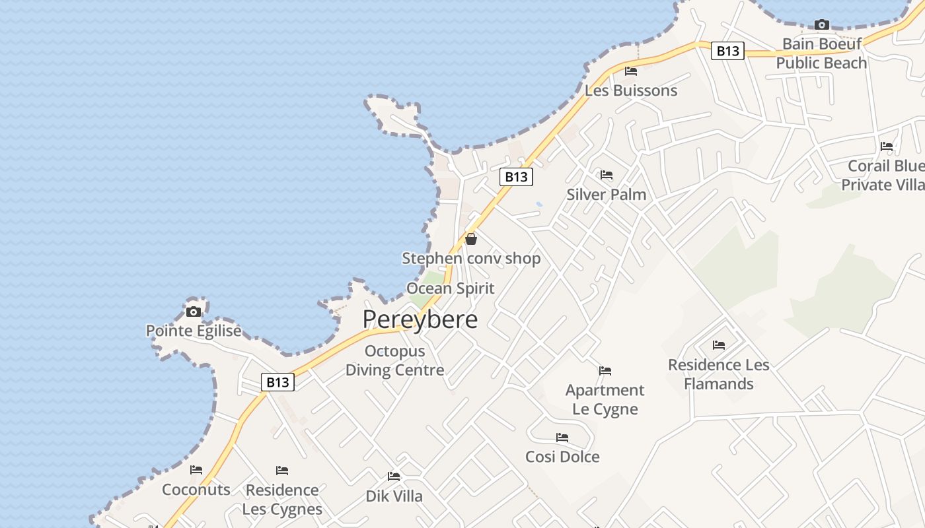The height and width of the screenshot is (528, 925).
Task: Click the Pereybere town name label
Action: point(420,319)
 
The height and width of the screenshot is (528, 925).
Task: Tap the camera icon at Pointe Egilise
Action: point(194,312)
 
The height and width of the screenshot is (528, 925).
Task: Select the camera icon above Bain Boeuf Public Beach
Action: point(821,25)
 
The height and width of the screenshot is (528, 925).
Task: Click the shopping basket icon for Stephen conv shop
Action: point(471,239)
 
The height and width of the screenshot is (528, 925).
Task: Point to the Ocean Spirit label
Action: point(450,288)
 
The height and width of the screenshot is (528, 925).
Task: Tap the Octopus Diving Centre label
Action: point(394,360)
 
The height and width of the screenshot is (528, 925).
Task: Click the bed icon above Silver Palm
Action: point(607,175)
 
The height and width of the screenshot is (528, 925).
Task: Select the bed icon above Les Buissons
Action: point(631,71)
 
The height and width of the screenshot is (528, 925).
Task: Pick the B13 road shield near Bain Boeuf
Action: point(727,51)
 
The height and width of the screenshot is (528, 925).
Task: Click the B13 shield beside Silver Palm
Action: point(516,177)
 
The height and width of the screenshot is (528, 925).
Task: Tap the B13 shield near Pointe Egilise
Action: point(277,382)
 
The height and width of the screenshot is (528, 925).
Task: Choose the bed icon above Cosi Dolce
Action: point(562,438)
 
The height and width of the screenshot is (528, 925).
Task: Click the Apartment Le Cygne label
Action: point(605,399)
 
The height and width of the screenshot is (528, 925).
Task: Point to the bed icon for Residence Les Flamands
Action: point(719,345)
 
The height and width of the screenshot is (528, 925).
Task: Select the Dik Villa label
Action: point(394,496)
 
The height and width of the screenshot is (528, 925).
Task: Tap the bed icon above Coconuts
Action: point(196,470)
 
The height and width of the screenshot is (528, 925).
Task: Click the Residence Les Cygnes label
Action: point(282,500)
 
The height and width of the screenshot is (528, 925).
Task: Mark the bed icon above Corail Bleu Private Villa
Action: point(887,147)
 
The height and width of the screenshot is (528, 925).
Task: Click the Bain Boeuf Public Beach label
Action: point(821,53)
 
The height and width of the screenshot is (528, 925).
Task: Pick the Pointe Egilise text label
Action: point(194,331)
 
